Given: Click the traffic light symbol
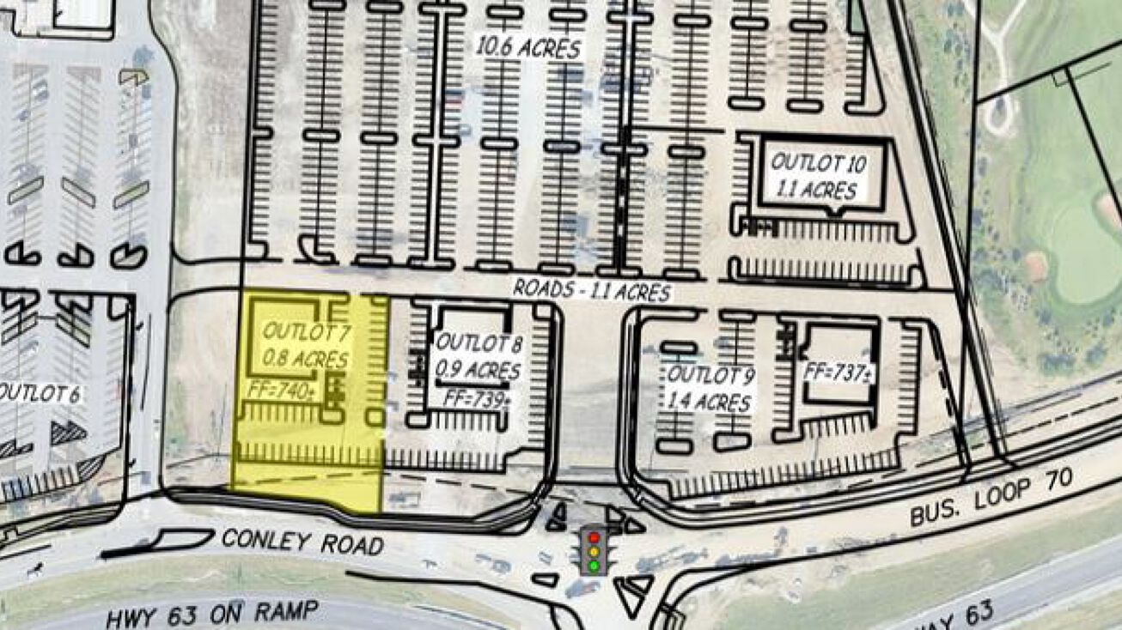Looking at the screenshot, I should pos(593,551).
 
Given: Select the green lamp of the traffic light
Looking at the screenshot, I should pos(593,566).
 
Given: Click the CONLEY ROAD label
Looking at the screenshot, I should pos(302,542).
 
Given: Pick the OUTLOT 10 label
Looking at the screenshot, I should pos(818,162).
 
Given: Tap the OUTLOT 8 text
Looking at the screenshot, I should pos(479,343).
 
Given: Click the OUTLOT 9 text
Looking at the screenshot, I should pos(711,375).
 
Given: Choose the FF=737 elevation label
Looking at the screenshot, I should pos(838,373).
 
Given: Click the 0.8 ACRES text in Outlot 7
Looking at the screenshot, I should pos(305,359).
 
